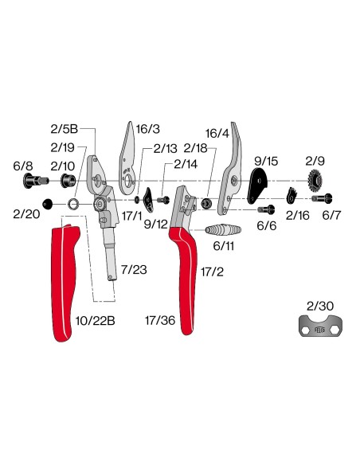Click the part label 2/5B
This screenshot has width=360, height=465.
point(64,129)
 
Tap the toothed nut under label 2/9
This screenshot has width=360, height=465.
point(315,179)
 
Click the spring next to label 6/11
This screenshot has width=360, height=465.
point(223,229)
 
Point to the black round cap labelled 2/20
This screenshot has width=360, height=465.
point(48,204)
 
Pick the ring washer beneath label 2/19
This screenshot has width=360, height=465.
point(73,204)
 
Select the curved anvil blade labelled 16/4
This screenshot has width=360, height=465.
point(232,168)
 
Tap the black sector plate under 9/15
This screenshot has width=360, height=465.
point(256,185)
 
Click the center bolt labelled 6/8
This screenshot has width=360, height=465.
point(35,180)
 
